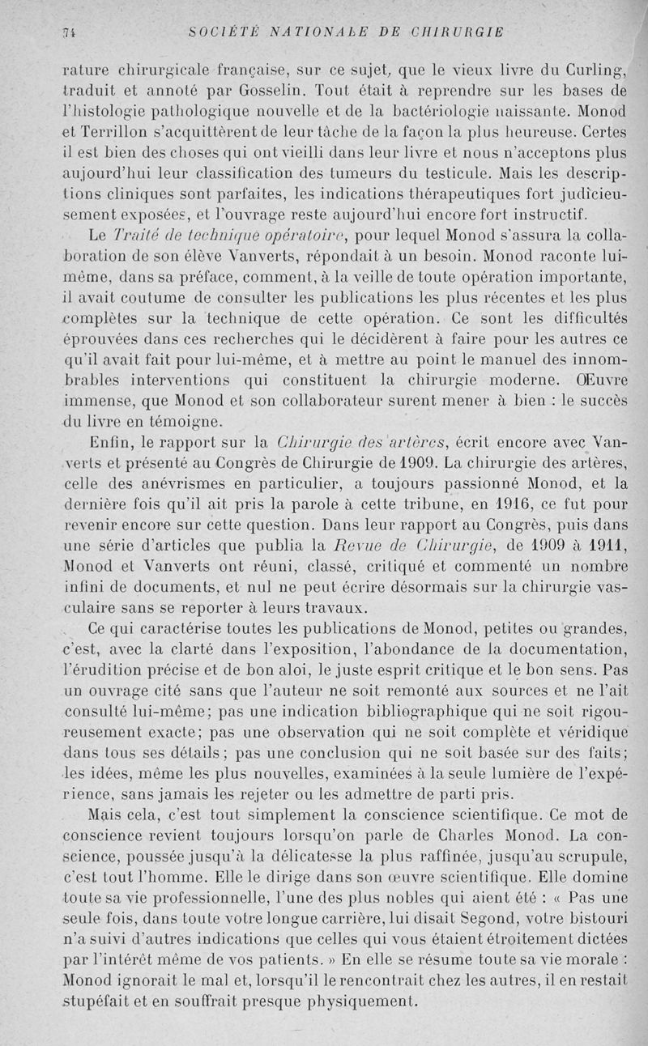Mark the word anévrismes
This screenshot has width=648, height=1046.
pos(167,485)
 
